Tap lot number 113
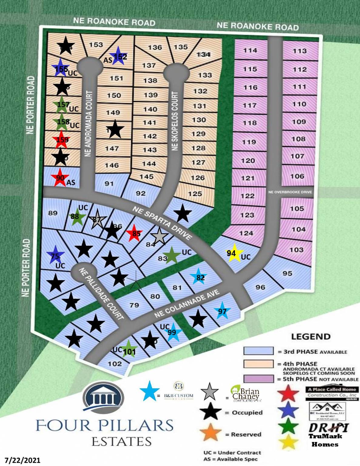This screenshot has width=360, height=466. [299, 51]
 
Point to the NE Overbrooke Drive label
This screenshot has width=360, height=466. [290, 192]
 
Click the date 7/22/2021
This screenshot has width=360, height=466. [21, 460]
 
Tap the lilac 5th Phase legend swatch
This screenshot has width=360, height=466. [258, 379]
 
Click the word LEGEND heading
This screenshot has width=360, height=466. [311, 336]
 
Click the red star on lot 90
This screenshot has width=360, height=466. [60, 177]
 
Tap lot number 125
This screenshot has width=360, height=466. [195, 193]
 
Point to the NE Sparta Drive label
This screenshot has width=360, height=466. [162, 223]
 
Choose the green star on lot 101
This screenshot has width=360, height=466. [129, 349]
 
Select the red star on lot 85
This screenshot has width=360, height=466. [134, 233]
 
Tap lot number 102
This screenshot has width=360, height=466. [115, 363]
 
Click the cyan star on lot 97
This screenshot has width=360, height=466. [222, 311]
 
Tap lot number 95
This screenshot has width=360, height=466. [287, 273]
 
